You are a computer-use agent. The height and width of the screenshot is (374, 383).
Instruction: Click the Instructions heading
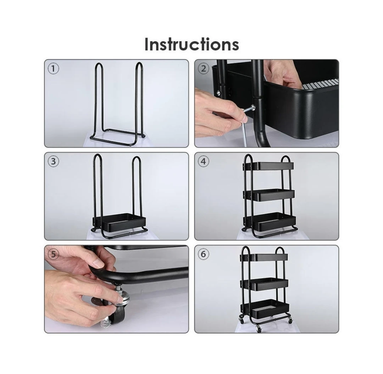(191, 44)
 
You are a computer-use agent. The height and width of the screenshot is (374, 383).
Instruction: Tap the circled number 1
(53, 69)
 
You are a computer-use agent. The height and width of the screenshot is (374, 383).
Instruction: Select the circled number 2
(204, 69)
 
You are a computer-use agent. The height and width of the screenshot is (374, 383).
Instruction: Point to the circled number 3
(53, 162)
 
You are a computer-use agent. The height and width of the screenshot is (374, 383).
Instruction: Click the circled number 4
(204, 162)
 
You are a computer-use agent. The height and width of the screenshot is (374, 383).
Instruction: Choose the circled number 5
(53, 254)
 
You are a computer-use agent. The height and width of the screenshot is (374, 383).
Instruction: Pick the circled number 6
(204, 254)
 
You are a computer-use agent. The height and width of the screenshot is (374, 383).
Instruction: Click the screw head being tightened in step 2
(253, 107)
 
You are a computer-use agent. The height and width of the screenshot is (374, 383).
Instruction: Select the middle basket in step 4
(269, 195)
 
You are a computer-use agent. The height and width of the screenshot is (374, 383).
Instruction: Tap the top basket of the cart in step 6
(264, 258)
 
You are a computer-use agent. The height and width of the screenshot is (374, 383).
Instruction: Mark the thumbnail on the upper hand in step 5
(99, 263)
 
